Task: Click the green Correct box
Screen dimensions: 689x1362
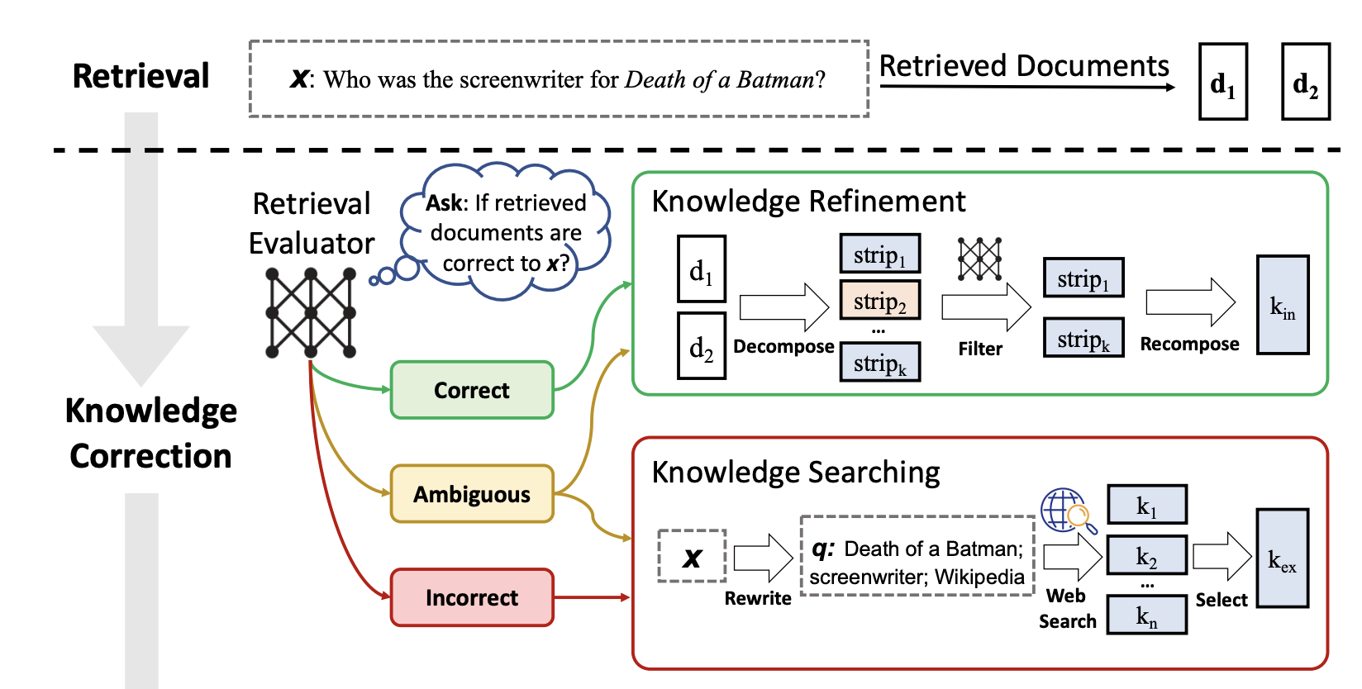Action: [x=472, y=390]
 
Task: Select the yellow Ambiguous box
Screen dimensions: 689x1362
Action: [x=472, y=494]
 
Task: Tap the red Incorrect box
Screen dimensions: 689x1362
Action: [x=472, y=597]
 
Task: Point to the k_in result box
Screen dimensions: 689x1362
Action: [x=1283, y=305]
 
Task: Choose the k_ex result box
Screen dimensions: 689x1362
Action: [x=1283, y=558]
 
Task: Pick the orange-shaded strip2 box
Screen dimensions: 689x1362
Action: [x=880, y=301]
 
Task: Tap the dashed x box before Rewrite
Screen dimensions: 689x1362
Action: [x=693, y=557]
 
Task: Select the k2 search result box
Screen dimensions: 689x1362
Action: [x=1146, y=555]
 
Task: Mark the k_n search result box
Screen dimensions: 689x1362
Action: [x=1146, y=615]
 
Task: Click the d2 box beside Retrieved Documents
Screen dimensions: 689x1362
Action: [x=1306, y=82]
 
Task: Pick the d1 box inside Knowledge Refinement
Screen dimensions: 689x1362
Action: [x=702, y=269]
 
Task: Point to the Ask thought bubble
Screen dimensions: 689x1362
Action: [x=506, y=231]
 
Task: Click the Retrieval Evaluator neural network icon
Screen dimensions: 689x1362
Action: [x=311, y=313]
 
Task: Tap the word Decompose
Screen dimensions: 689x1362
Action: [x=783, y=346]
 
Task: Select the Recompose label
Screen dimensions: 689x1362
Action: [x=1189, y=344]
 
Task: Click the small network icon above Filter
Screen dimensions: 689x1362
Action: [x=980, y=259]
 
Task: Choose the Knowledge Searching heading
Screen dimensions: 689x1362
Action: [x=796, y=472]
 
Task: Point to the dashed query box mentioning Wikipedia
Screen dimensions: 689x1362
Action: [x=917, y=556]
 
